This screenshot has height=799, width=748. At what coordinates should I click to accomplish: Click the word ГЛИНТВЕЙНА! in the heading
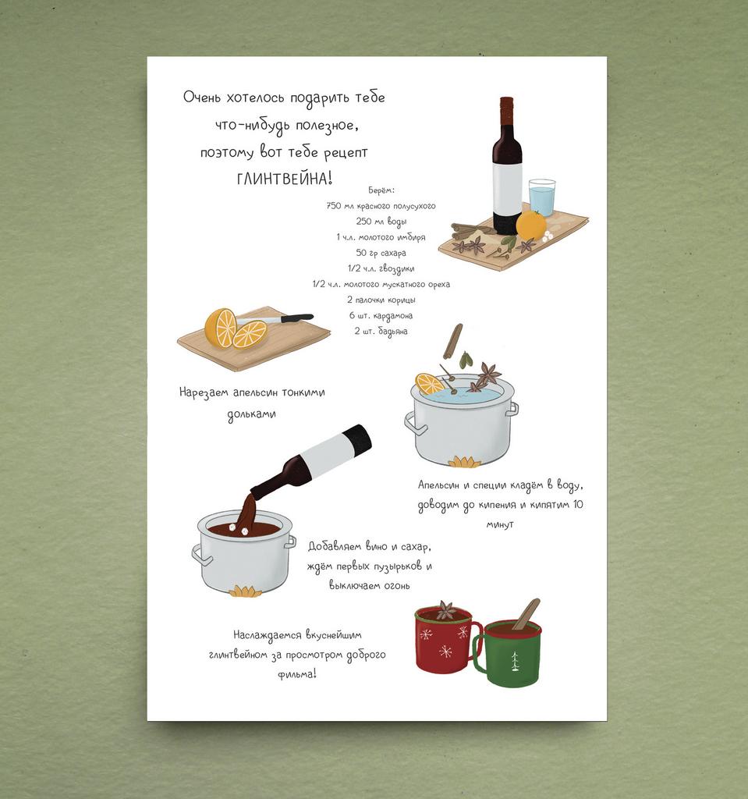point(285,179)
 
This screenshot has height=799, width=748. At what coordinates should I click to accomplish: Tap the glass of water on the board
point(541,197)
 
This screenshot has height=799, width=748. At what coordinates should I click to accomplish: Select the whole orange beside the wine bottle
point(531,224)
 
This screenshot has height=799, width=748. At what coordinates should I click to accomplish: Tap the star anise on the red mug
point(447,609)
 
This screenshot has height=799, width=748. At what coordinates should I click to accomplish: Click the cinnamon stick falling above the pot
point(452,341)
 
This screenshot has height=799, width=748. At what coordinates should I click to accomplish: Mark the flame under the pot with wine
point(245,591)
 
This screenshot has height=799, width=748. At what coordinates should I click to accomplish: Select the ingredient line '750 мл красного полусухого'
point(381,206)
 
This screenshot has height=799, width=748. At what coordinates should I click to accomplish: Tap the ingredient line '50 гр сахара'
point(381,253)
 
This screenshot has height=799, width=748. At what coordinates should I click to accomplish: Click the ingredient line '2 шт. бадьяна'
point(381,331)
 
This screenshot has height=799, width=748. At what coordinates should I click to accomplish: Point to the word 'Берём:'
point(381,190)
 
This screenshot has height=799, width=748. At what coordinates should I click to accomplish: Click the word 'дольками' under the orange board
point(252,414)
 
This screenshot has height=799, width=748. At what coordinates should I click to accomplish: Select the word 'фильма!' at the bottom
point(297,674)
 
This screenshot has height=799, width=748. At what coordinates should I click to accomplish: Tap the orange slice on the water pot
point(429,384)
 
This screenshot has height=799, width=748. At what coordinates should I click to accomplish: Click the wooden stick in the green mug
point(526,615)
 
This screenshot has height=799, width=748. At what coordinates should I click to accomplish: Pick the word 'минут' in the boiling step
point(500,524)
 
